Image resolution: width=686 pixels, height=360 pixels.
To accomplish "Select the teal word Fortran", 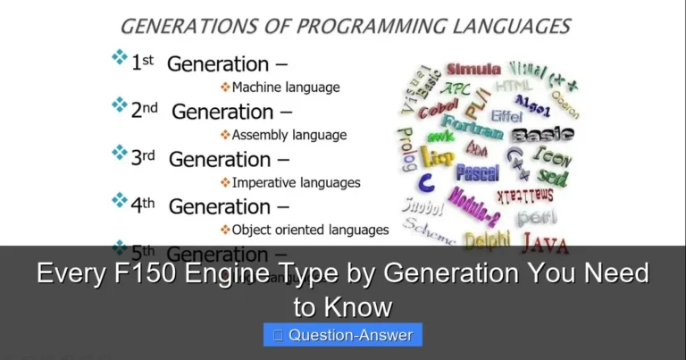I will tap(472, 128).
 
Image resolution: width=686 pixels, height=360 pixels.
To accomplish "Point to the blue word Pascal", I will tap(478, 172).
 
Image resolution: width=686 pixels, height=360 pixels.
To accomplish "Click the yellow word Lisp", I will tap(437, 156).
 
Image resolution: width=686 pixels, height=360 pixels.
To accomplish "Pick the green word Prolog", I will tap(406, 148).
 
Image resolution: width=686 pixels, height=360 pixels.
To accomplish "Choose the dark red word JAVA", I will tap(544, 242).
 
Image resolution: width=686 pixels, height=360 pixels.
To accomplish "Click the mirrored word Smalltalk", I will tap(524, 195).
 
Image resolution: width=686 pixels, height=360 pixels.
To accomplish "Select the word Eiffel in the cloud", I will tap(506, 116).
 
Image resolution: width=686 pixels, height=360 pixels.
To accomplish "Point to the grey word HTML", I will tap(514, 86).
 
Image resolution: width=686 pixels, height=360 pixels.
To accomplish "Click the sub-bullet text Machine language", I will tap(285, 88).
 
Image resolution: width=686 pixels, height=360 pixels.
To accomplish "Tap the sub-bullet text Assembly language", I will tap(289, 135).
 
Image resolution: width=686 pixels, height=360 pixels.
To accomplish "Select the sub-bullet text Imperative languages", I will tap(296, 182).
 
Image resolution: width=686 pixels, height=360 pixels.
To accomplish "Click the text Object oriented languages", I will tap(310, 230).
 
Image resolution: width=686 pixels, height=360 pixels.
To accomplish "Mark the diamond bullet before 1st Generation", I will tap(119, 58).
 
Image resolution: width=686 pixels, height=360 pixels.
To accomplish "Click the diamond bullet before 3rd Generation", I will tap(119, 153).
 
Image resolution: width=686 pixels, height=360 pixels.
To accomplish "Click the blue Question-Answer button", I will tap(343, 335).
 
